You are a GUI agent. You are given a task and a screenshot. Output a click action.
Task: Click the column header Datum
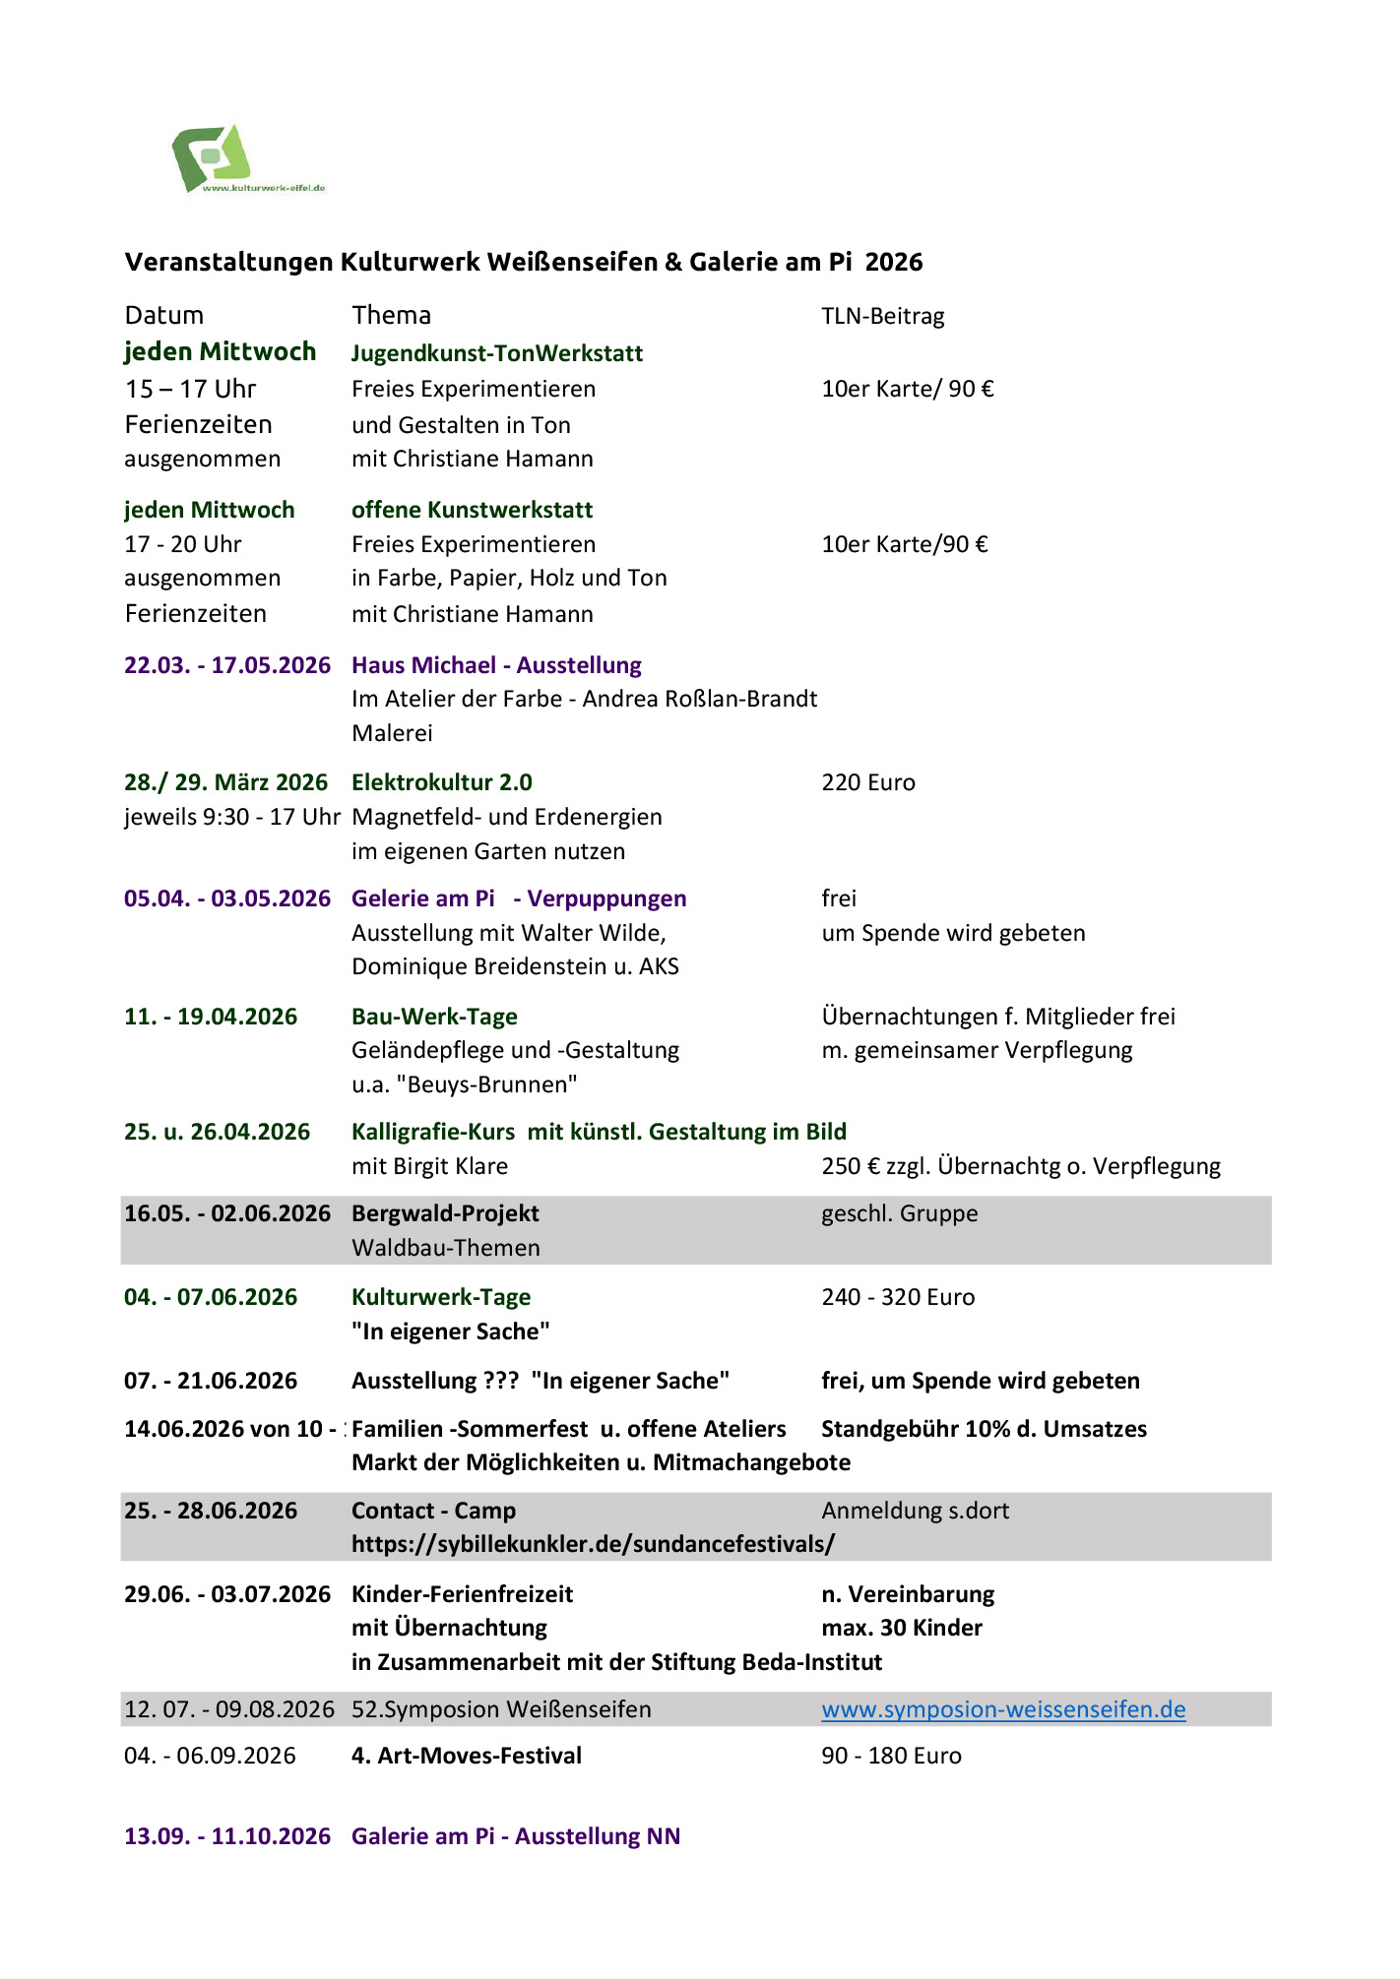click(164, 316)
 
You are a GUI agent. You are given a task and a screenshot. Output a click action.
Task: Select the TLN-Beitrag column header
click(882, 317)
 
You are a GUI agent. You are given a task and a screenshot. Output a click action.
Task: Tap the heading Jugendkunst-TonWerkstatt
click(497, 353)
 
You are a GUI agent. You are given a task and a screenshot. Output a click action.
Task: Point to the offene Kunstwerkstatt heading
click(472, 510)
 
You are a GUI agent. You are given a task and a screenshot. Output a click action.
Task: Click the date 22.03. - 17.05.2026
click(227, 665)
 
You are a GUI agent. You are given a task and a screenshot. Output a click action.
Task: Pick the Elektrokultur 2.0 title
click(441, 782)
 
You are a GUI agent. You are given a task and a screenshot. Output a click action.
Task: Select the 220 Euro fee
click(868, 783)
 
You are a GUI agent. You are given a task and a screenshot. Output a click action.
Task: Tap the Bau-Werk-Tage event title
click(434, 1017)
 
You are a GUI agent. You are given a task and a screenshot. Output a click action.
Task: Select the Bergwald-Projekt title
click(445, 1213)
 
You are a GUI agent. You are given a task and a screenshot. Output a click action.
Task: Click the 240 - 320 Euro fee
click(898, 1297)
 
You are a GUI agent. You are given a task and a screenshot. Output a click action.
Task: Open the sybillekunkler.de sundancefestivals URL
click(593, 1543)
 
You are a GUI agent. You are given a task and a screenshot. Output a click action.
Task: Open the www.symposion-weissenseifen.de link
click(1003, 1709)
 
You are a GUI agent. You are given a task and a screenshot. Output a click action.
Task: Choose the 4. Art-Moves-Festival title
click(467, 1756)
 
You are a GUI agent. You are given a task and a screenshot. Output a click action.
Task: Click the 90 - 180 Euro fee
click(891, 1756)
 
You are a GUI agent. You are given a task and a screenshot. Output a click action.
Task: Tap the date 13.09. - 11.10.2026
click(227, 1836)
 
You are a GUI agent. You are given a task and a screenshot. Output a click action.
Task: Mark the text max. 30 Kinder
click(902, 1628)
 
